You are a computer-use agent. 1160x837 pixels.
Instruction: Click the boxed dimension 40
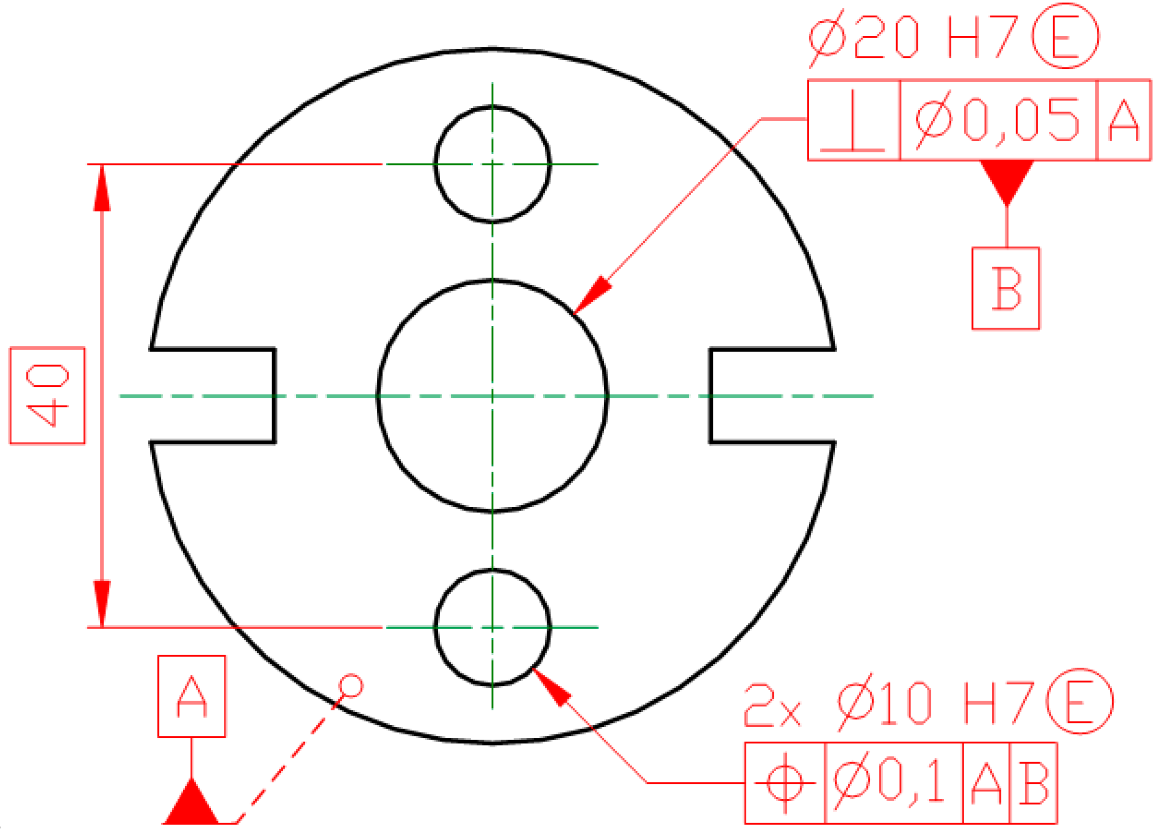[47, 396]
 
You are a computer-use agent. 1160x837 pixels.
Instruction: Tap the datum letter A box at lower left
[191, 696]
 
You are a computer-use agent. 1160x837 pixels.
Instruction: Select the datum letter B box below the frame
[1005, 288]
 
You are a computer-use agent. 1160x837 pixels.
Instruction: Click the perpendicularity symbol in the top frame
[853, 121]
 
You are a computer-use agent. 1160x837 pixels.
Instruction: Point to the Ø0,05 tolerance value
[997, 121]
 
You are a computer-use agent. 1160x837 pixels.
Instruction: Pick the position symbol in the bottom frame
[785, 783]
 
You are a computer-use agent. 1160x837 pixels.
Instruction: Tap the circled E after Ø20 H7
[1065, 36]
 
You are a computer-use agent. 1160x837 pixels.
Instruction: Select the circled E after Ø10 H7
[1080, 702]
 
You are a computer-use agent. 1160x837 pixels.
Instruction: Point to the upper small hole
[492, 164]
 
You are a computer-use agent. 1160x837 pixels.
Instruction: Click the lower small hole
[492, 627]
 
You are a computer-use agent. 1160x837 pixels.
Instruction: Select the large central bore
[492, 396]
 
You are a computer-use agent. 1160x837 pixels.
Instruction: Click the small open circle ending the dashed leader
[351, 686]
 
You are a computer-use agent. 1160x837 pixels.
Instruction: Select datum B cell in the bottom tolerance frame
[1033, 783]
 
